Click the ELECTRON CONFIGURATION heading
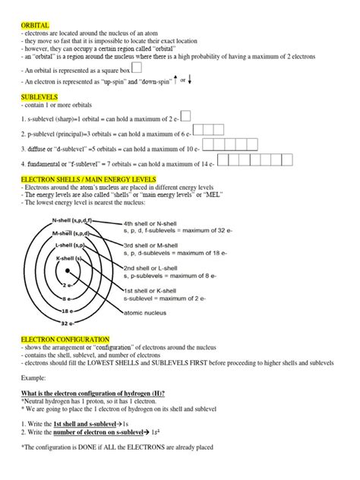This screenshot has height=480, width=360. [65, 338]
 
